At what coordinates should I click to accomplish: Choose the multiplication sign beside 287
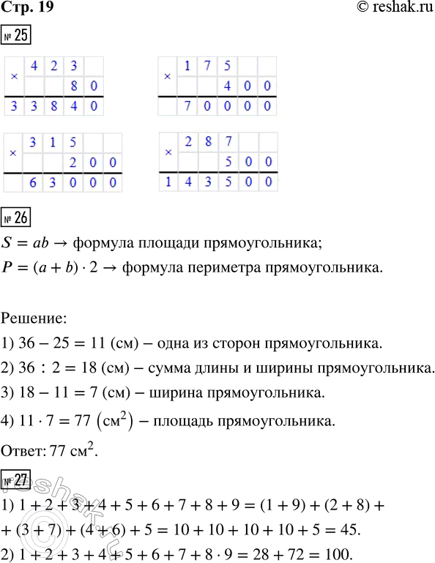pyautogui.click(x=169, y=152)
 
